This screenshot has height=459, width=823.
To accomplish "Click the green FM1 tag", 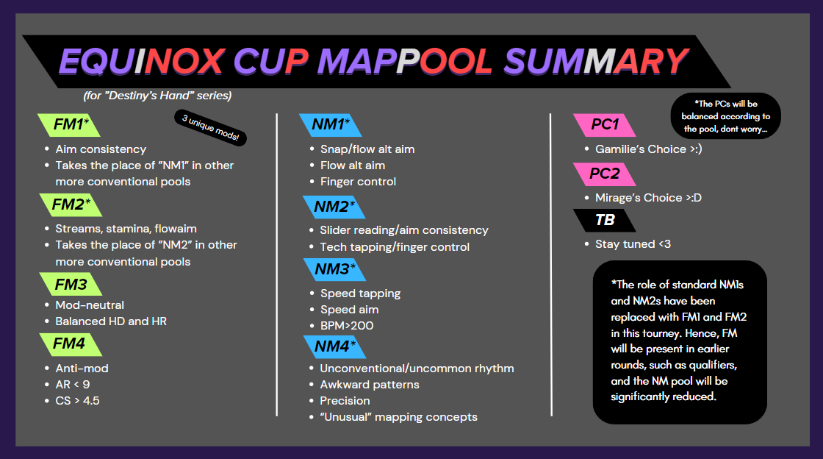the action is (x=69, y=125).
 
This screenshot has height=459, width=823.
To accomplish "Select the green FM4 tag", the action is (x=71, y=344).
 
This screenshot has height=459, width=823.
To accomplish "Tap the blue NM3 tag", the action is (x=334, y=269).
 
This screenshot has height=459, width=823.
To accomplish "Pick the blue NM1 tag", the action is (x=330, y=125).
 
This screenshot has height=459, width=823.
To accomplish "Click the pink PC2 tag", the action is (x=604, y=174).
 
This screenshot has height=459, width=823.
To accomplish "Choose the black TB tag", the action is (x=604, y=220).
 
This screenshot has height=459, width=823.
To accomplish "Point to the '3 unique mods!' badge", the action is (x=210, y=127).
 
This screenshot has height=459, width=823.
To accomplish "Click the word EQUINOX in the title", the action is (x=143, y=62).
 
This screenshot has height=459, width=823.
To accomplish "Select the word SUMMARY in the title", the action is (x=596, y=62).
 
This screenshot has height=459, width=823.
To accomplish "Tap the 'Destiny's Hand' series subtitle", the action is (x=157, y=96).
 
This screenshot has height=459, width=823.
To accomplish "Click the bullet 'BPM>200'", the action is (x=347, y=326).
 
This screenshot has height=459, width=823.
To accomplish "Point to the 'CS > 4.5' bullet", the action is (x=77, y=401).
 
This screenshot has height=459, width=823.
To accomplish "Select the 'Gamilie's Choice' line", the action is (x=648, y=149).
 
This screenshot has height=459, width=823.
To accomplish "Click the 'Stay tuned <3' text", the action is (x=633, y=244).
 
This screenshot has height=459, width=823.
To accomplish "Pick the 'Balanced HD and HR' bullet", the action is (x=111, y=321).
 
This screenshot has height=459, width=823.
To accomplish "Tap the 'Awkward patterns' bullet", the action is (x=370, y=385).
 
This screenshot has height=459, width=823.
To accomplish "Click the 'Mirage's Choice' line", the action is (x=648, y=198).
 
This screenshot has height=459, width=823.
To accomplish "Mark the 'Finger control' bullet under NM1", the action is (x=358, y=182).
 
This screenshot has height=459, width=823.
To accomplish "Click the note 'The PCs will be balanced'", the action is (x=726, y=116).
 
